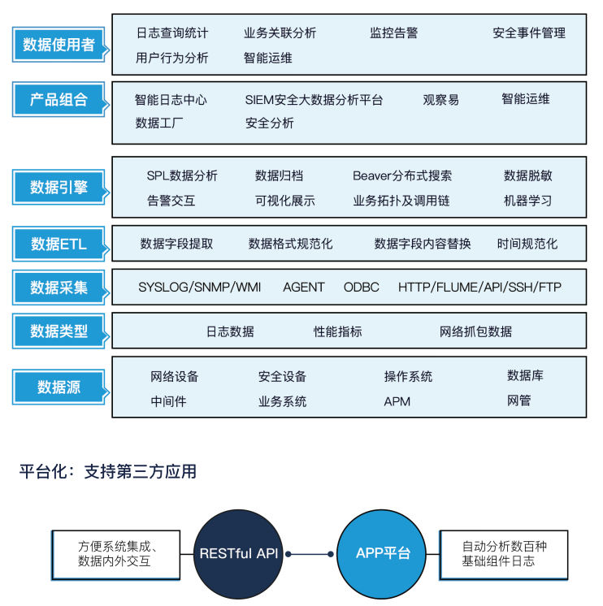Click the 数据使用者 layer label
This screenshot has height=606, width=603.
[59, 45]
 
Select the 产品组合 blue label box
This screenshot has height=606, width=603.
[59, 99]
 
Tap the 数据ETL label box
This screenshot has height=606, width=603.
[59, 244]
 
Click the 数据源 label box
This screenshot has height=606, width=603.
[59, 387]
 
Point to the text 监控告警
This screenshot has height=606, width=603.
[393, 32]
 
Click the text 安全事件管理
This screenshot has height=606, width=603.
[529, 32]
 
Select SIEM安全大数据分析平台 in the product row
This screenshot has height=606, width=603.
[314, 100]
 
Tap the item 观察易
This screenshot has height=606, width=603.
[440, 100]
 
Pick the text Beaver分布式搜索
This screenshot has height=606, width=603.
[402, 175]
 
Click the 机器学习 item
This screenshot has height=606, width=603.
[527, 201]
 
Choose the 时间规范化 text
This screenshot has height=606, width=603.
[527, 244]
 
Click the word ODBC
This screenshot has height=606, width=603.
[361, 287]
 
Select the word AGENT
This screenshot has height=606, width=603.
[303, 287]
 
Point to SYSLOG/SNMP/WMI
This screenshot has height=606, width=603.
[199, 287]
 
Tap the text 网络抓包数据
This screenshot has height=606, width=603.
[475, 331]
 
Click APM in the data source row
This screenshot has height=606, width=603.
[397, 401]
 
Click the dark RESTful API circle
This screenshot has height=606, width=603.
[238, 554]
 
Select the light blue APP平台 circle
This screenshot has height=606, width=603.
[381, 554]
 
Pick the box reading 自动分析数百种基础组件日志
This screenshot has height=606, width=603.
[504, 555]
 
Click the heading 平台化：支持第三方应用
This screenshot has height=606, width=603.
[108, 471]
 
